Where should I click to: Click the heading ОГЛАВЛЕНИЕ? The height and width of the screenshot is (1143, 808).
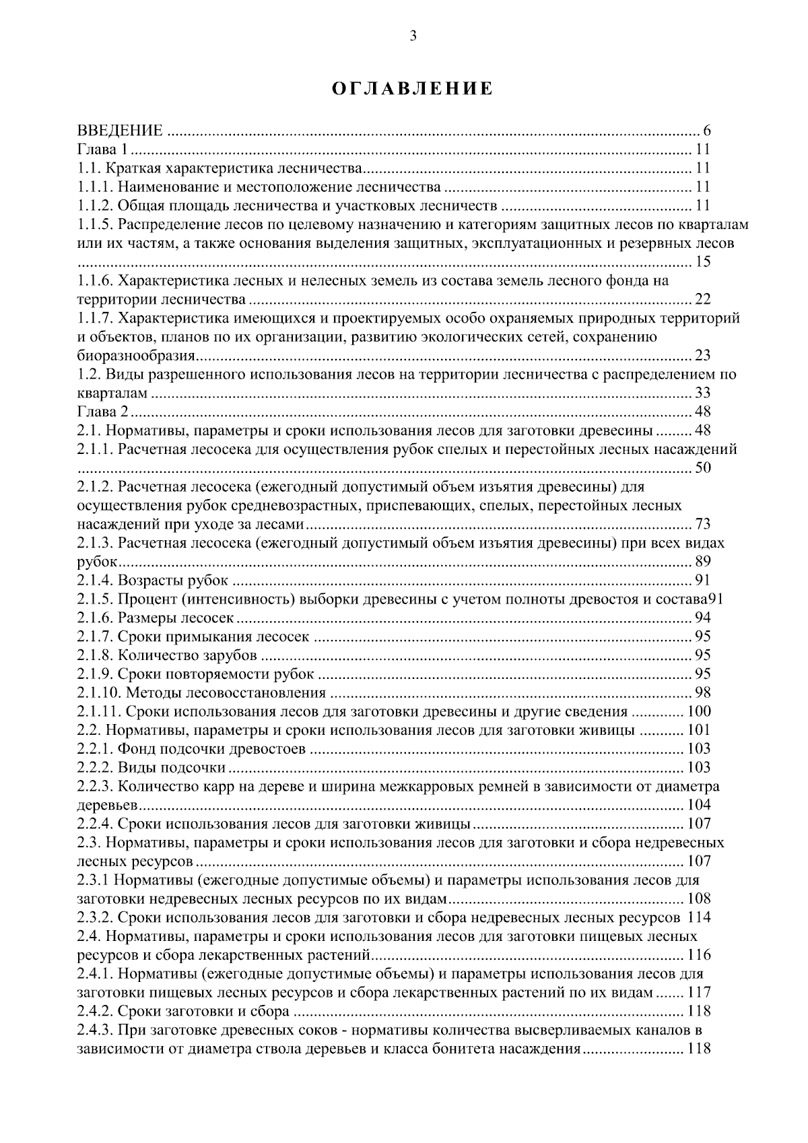click(413, 89)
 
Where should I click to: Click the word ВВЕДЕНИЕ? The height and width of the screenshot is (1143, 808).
click(120, 131)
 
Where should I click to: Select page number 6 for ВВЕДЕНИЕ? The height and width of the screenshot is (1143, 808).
click(706, 131)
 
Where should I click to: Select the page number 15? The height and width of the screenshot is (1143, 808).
click(702, 262)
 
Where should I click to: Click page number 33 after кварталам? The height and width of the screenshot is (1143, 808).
click(702, 393)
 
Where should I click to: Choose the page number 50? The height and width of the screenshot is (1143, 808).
click(702, 468)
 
